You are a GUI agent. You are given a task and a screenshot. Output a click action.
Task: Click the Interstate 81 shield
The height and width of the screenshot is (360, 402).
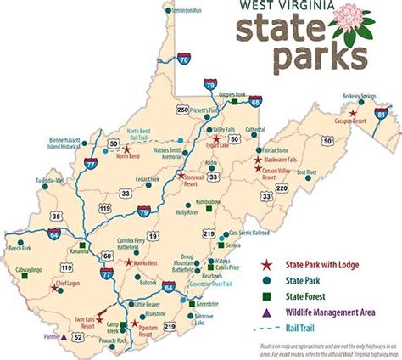pyautogui.click(x=382, y=114)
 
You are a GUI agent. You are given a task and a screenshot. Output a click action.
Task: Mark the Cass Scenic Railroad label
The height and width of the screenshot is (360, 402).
pyautogui.click(x=250, y=231)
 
